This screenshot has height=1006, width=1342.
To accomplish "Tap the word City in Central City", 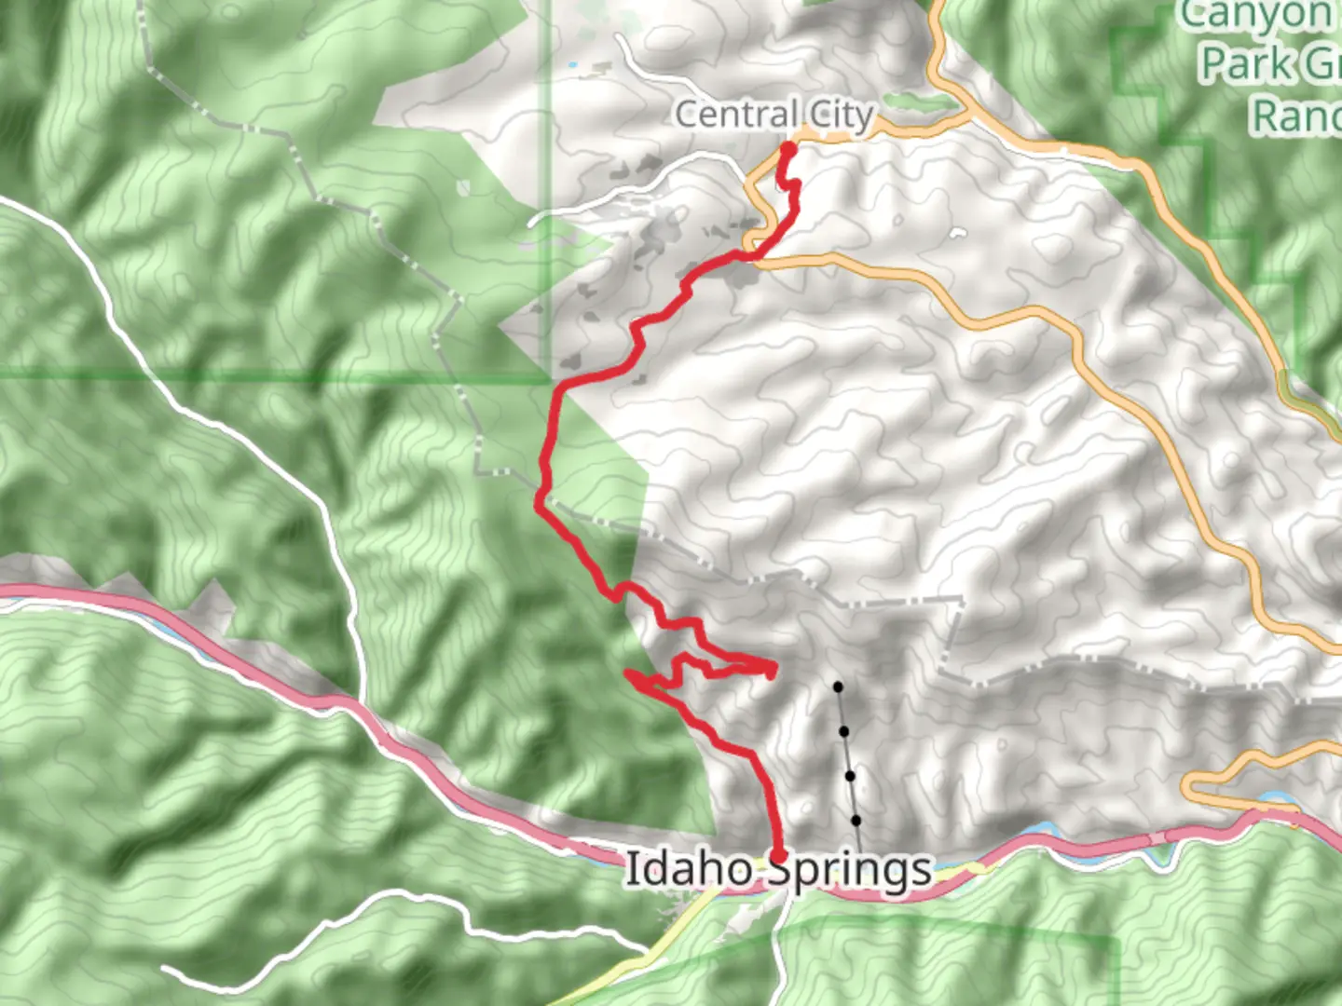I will point(841,115).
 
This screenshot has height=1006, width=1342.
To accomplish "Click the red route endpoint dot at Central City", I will point(788,149).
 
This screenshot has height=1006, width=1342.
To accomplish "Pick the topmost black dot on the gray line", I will point(838,687).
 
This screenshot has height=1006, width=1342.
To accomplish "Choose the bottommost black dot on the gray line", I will point(856,821).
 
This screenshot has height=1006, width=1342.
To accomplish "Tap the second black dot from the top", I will point(843,732).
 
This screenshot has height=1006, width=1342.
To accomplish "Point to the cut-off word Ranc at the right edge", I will point(1295,116).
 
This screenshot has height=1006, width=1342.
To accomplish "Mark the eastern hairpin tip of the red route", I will point(773,667).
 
